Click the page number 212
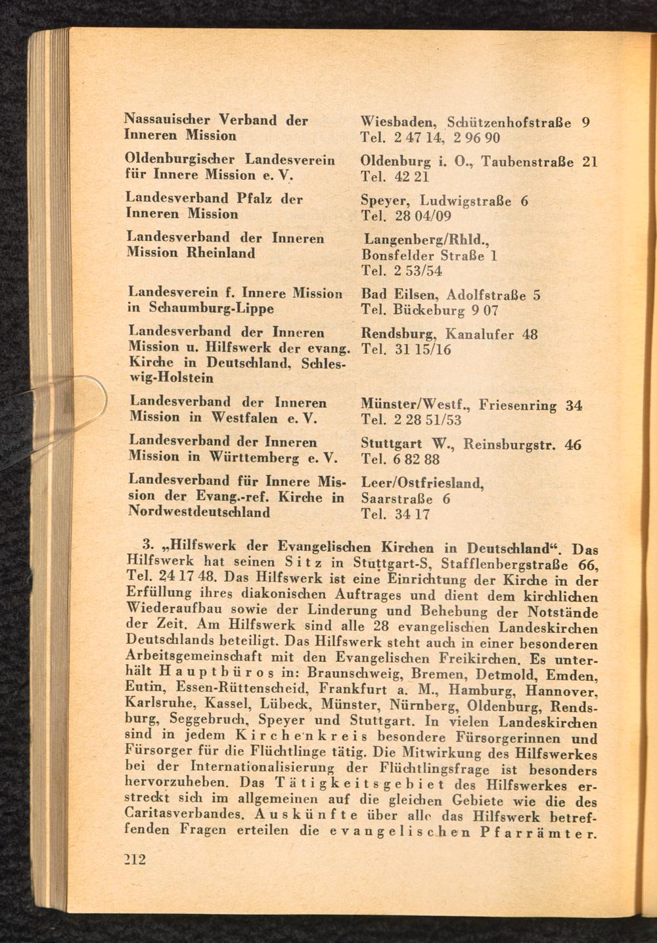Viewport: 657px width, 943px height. tap(134, 860)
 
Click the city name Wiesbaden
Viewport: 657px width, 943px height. tap(398, 122)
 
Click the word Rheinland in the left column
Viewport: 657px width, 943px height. tap(219, 253)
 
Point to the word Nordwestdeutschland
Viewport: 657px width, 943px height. tap(198, 512)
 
